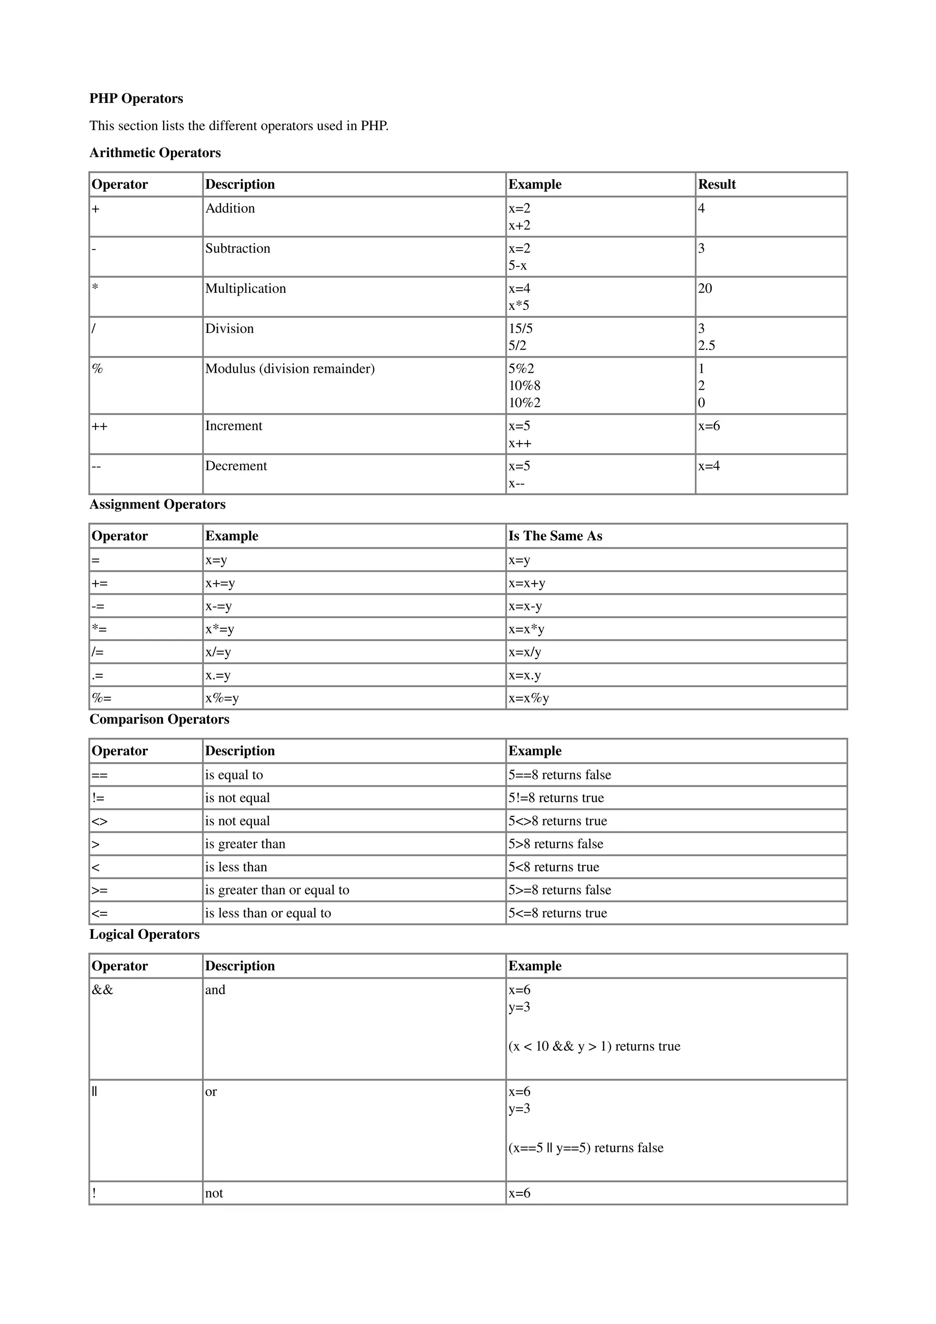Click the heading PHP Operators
point(136,99)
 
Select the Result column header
point(716,185)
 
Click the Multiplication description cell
point(246,288)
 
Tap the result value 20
point(705,288)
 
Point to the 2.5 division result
point(707,345)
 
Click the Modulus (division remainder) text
point(289,369)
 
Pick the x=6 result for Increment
point(709,426)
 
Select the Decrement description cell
point(236,466)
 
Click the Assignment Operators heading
point(157,504)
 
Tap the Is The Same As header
point(555,536)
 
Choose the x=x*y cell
point(526,629)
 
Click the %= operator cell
point(101,699)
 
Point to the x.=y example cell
point(218,675)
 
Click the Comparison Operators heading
point(159,720)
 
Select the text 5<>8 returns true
point(557,821)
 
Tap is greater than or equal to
point(277,890)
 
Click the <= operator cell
point(100,913)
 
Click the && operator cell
point(103,990)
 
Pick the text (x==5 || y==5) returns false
point(585,1148)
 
